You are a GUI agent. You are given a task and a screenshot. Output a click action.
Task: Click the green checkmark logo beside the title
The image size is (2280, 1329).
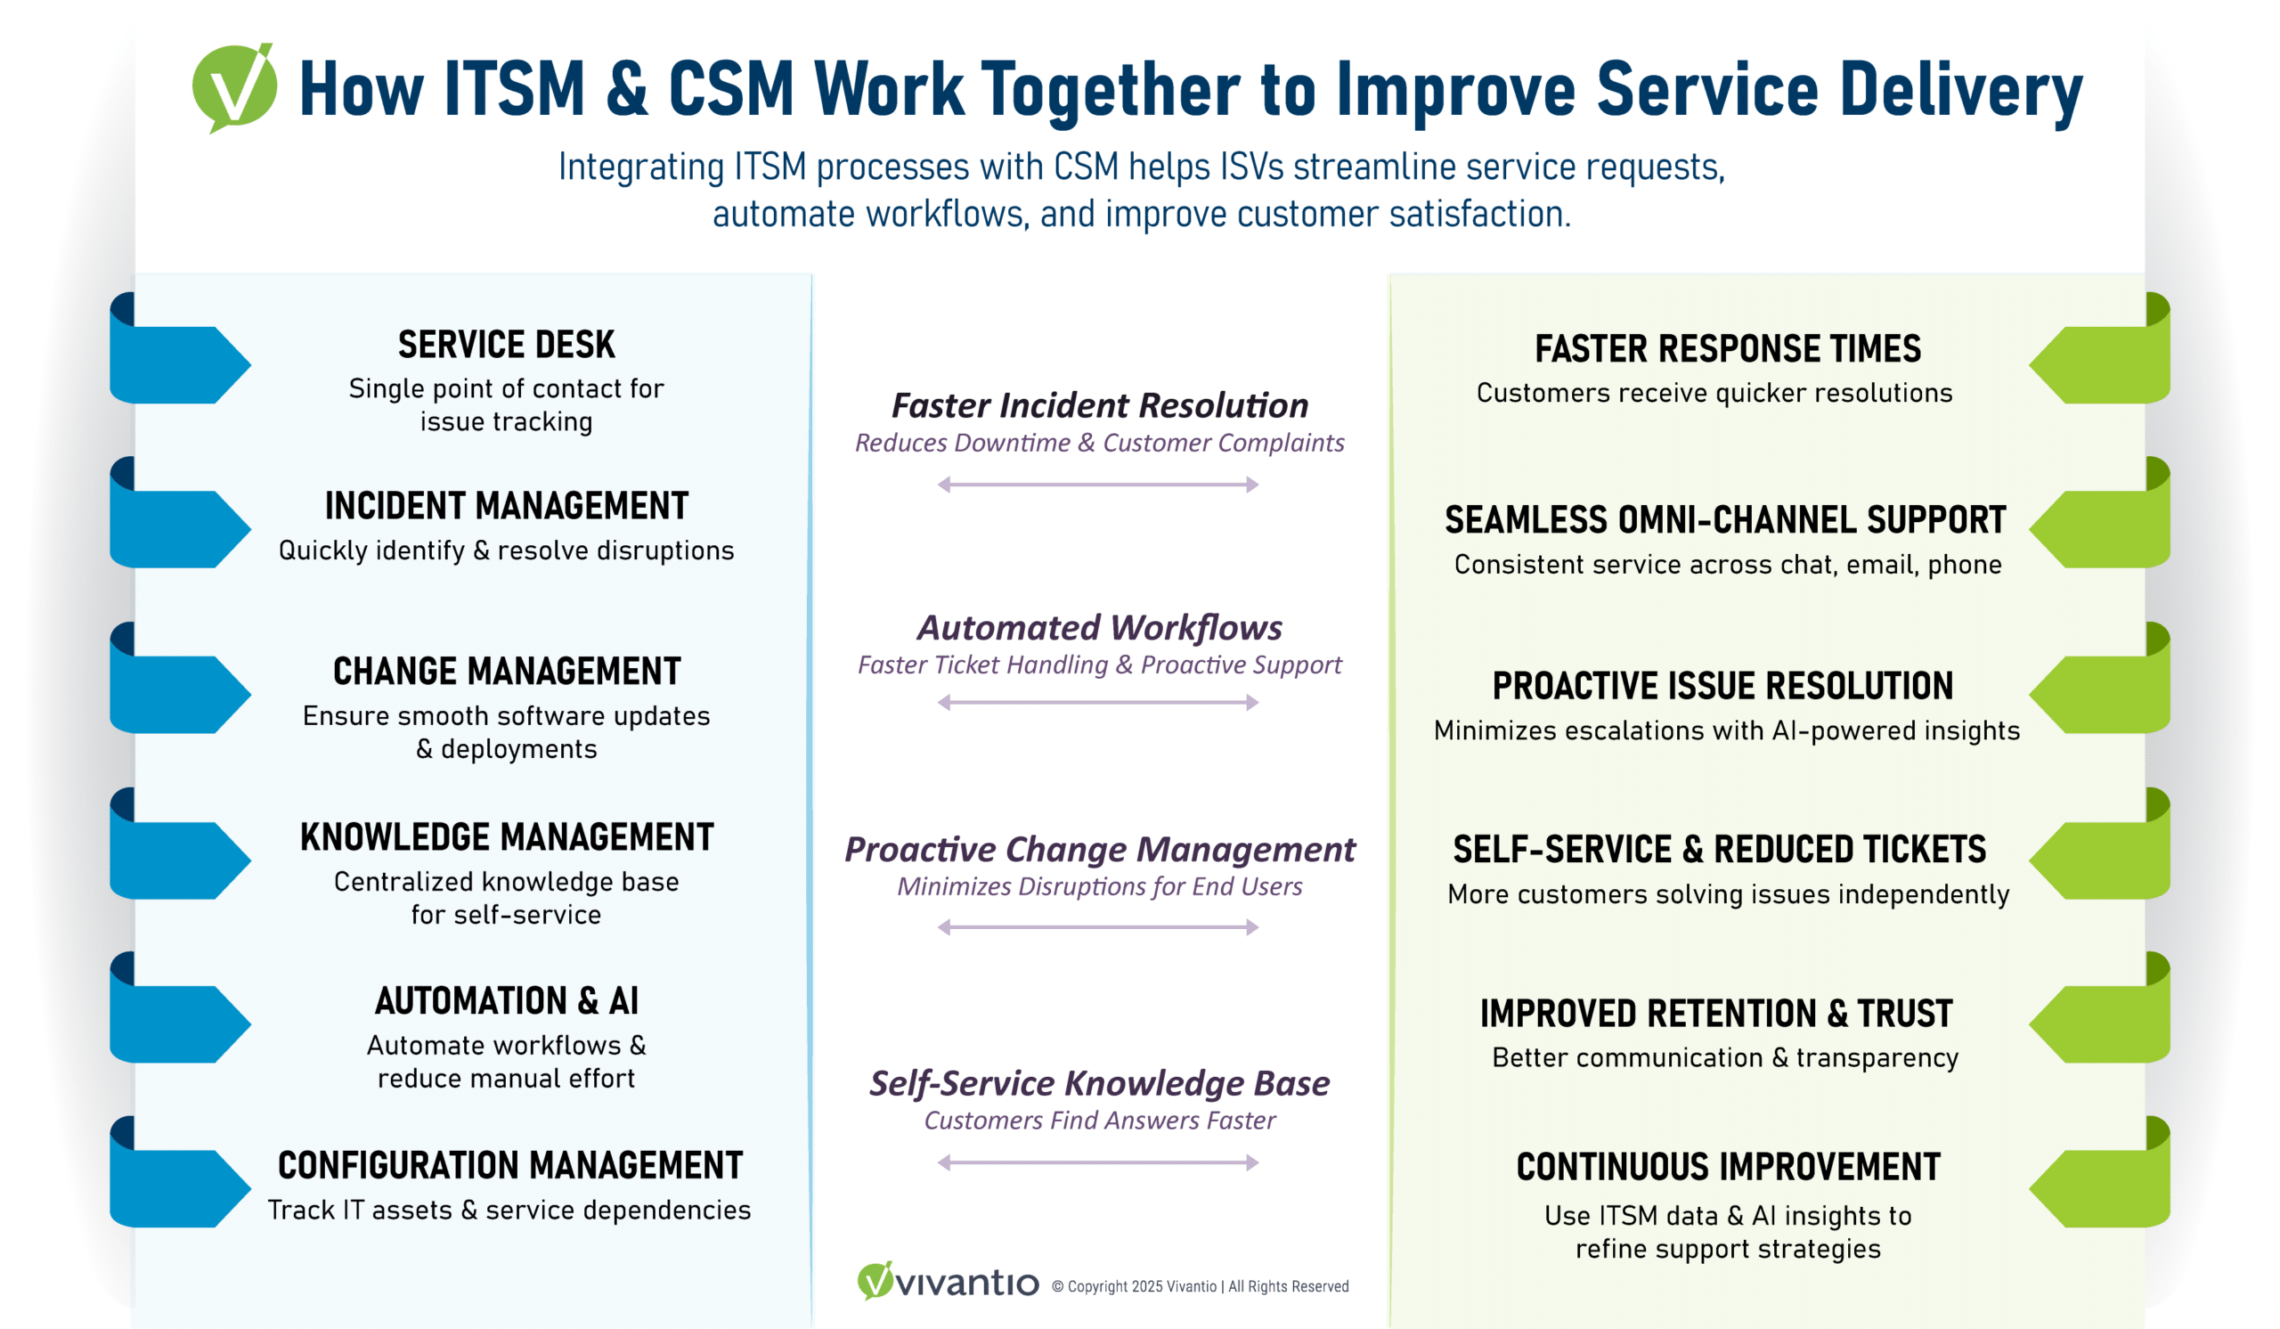coord(234,87)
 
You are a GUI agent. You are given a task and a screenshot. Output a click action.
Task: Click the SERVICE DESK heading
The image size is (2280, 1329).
coord(506,345)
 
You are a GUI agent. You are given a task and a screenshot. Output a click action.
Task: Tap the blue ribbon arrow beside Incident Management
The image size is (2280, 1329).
coord(179,528)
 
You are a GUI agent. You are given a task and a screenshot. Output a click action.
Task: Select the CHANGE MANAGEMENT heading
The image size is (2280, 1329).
coord(507,672)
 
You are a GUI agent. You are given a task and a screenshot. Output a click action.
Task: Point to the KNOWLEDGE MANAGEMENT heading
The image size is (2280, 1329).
coord(507,836)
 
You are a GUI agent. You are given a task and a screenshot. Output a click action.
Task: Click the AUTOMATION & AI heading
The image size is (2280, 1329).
coord(507,1000)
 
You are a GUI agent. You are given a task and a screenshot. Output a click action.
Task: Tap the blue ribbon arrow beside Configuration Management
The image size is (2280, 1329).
coord(179,1187)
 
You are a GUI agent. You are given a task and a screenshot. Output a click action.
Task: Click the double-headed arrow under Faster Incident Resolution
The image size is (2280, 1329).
coord(1098,485)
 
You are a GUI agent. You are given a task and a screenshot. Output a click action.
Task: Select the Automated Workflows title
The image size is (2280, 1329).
coord(1099,627)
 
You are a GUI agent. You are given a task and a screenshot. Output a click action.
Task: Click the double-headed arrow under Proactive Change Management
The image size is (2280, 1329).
coord(1098,927)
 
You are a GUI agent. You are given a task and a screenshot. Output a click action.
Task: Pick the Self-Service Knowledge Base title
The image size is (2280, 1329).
coord(1099,1083)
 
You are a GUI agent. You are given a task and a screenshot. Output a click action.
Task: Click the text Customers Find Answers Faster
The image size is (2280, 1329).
coord(1099,1120)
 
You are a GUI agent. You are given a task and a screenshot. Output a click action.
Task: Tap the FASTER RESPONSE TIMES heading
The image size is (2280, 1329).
coord(1727,348)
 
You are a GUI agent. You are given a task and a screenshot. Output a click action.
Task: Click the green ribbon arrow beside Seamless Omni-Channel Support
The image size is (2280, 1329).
coord(2099,528)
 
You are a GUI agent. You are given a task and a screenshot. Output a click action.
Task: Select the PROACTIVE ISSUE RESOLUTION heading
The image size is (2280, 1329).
coord(1722,686)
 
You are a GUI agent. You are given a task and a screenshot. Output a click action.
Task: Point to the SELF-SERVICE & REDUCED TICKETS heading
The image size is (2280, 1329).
coord(1719,850)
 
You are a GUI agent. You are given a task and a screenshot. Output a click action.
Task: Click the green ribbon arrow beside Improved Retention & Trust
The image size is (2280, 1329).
coord(2099,1023)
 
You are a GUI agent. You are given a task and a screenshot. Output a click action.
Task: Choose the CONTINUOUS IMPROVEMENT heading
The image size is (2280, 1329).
coord(1728,1167)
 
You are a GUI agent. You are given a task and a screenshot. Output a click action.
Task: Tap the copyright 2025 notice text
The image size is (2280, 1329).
coord(1200,1286)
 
